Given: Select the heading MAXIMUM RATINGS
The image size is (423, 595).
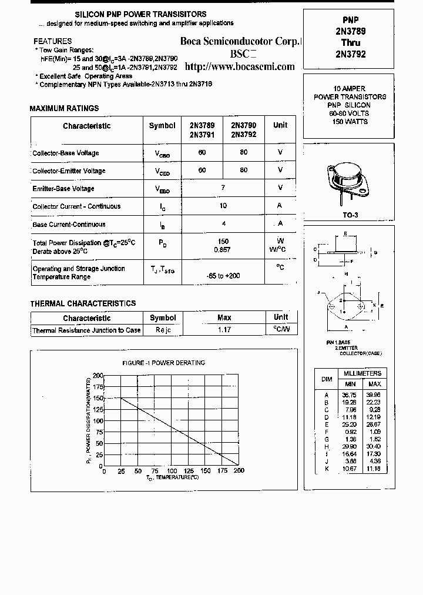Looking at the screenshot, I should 64,108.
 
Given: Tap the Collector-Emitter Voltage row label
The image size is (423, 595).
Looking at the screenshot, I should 69,171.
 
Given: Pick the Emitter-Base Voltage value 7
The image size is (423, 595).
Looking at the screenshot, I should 223,188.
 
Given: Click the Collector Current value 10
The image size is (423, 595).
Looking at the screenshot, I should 223,206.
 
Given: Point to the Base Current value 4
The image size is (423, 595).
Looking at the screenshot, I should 223,224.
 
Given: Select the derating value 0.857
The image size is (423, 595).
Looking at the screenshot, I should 223,250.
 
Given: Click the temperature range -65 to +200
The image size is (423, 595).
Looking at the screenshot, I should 223,276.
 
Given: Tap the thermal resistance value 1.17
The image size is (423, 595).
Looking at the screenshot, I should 224,330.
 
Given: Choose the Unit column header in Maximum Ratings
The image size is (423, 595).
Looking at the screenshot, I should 280,125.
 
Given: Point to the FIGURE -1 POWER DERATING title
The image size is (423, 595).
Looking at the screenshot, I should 163,363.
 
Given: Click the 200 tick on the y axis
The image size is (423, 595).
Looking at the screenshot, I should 97,375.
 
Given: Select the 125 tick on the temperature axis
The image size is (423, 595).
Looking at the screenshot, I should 188,471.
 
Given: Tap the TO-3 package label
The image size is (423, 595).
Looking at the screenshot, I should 350,215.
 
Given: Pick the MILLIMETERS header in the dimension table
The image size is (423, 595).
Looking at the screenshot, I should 362,373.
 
